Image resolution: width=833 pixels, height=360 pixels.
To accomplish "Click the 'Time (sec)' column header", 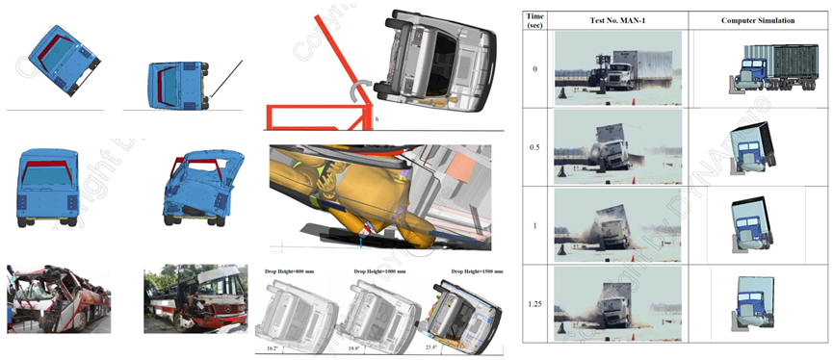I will (535, 20).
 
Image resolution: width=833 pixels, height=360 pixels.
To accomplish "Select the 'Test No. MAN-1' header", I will (616, 20).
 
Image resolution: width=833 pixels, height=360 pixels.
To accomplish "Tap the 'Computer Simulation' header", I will (757, 20).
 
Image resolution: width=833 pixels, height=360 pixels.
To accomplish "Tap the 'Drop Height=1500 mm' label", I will (463, 273).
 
